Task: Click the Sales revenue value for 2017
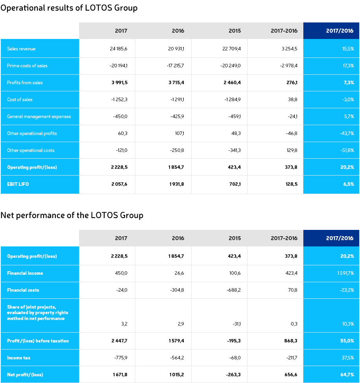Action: (x=118, y=48)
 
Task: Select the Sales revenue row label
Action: (x=21, y=48)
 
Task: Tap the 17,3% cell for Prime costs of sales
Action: (x=348, y=65)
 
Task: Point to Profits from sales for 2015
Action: (x=232, y=83)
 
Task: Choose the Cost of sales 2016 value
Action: (x=177, y=100)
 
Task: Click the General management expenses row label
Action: (x=39, y=117)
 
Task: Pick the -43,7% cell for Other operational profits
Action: (x=347, y=133)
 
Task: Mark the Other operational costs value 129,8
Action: (x=292, y=150)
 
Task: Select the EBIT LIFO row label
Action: (x=18, y=184)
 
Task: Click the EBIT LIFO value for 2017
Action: (x=119, y=184)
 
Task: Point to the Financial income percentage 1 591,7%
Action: (x=345, y=273)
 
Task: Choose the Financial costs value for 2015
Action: (x=234, y=290)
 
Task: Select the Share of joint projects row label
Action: (x=38, y=313)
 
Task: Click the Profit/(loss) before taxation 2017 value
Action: (x=119, y=341)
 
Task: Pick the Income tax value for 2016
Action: (x=177, y=357)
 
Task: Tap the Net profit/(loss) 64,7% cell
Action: (x=347, y=374)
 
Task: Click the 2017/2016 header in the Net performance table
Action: (x=340, y=238)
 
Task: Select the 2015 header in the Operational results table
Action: (x=235, y=31)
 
